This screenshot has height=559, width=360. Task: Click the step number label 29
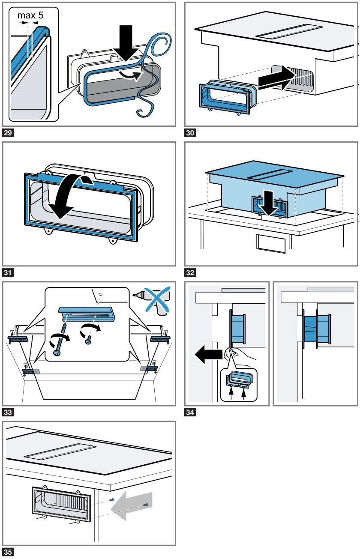click(x=8, y=133)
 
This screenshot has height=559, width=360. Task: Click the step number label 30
click(x=190, y=133)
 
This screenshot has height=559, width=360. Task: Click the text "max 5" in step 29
click(x=30, y=16)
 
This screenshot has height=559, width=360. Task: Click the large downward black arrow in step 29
click(x=129, y=43)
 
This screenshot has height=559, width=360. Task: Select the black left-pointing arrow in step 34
click(x=206, y=355)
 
